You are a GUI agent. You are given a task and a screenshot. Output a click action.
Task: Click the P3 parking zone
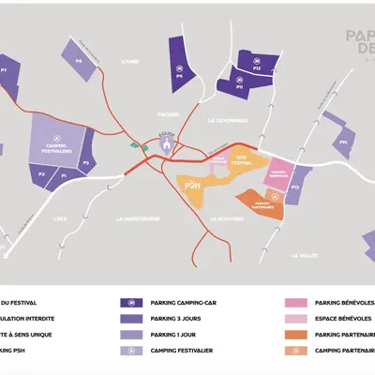click(x=86, y=162)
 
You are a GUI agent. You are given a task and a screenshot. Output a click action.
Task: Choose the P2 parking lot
click(x=41, y=175)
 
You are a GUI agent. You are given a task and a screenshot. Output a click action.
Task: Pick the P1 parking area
click(x=64, y=175)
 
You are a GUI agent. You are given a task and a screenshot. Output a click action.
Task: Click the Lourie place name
click(x=130, y=62)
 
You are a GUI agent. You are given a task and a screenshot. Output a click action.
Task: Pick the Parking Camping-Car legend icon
click(x=127, y=302)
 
